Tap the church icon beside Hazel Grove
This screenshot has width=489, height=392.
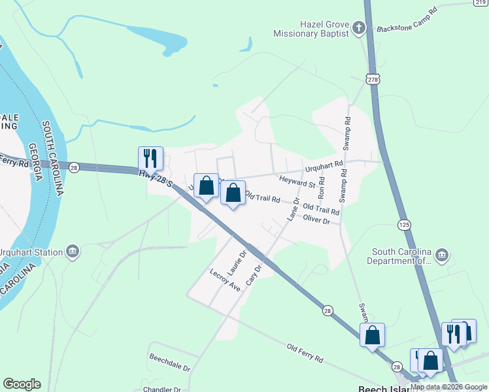click(x=358, y=28)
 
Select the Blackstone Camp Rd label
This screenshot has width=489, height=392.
click(x=406, y=21)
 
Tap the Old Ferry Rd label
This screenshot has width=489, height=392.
click(x=305, y=353)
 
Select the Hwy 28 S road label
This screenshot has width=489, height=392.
click(x=156, y=179)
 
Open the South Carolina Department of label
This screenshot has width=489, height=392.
click(x=401, y=257)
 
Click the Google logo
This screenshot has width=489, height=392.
click(x=22, y=384)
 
